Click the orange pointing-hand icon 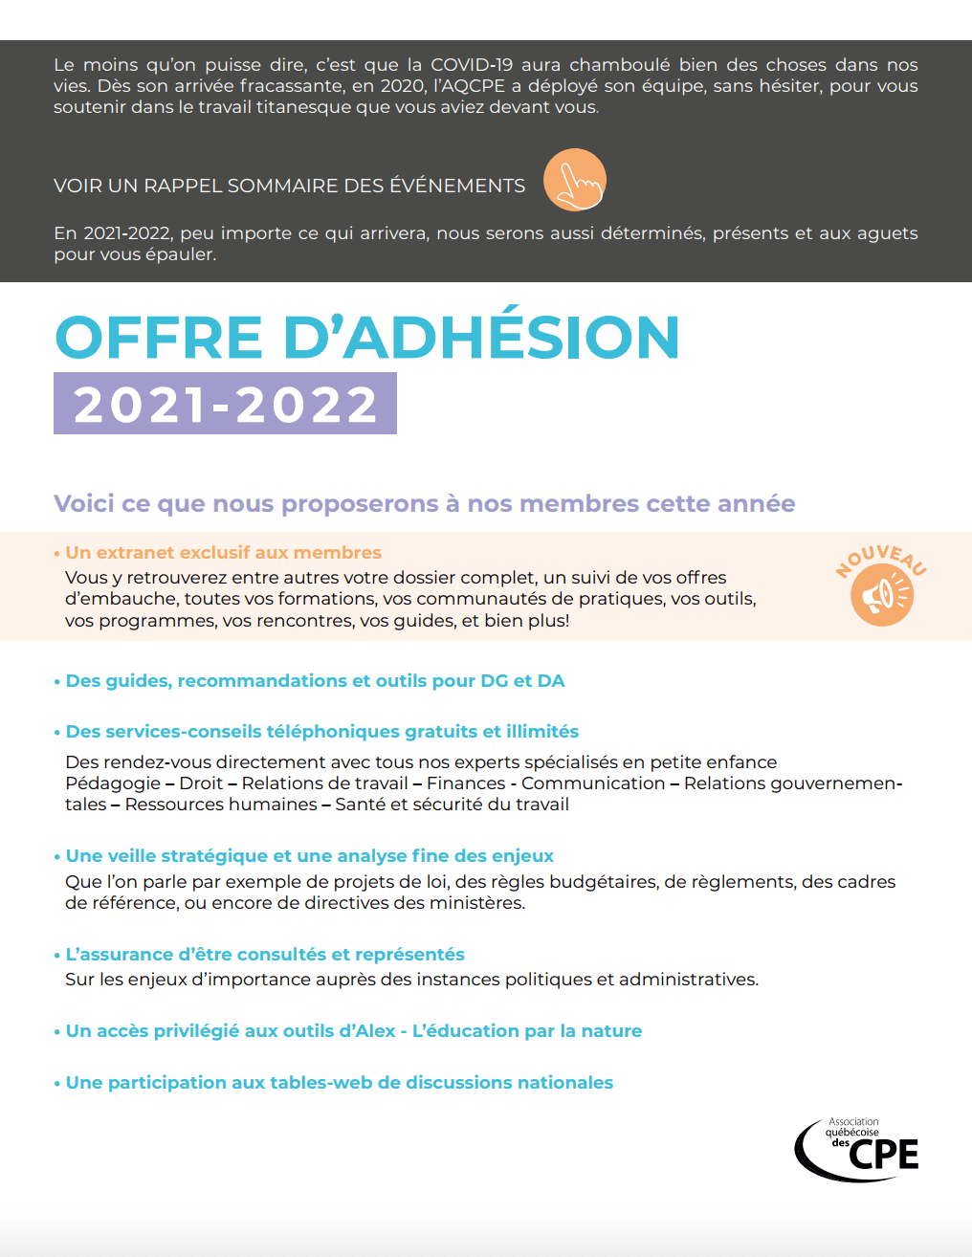tap(575, 180)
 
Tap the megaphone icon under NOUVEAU tap(881, 595)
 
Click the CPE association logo tap(857, 1149)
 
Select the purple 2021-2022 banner tap(225, 404)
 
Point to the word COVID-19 tap(472, 65)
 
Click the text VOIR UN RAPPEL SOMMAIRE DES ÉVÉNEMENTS tap(289, 186)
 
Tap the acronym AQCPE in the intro tap(474, 86)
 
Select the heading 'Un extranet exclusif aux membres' tap(223, 553)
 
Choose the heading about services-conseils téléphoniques tap(321, 732)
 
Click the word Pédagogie tap(113, 783)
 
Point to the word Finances tap(466, 783)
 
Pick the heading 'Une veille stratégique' tap(309, 856)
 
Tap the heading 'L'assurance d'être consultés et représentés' tap(264, 955)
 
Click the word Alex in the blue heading tap(375, 1031)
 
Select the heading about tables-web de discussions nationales tap(339, 1083)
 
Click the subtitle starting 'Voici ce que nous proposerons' tap(424, 504)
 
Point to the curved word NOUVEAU tap(880, 559)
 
